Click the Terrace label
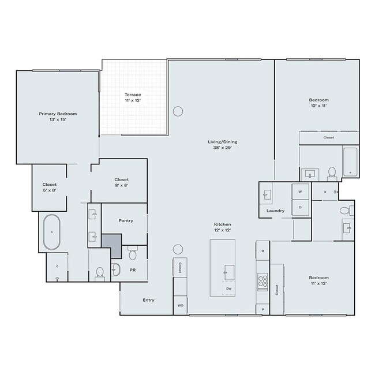[x=133, y=97]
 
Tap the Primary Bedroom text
[x=58, y=117]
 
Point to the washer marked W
[x=300, y=192]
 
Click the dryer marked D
[x=300, y=207]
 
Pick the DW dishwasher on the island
[x=229, y=288]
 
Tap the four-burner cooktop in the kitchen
[x=262, y=281]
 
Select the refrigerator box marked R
[x=262, y=251]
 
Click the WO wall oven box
[x=180, y=305]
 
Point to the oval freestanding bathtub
[x=51, y=232]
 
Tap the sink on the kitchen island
[x=229, y=269]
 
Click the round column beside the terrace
[x=178, y=110]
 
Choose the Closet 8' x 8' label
[x=121, y=182]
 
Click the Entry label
[x=148, y=300]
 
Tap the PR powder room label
[x=132, y=269]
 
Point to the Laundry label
[x=275, y=211]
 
